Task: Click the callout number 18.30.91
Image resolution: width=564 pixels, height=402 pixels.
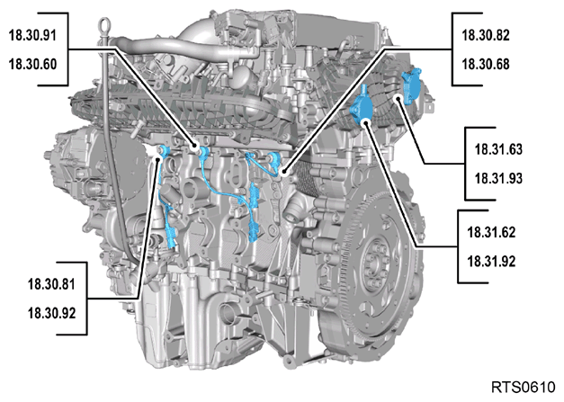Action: click(32, 35)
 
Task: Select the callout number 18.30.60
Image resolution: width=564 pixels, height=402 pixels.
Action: click(32, 64)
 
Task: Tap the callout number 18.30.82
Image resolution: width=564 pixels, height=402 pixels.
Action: click(486, 35)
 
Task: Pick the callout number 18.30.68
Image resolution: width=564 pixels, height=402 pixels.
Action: click(486, 64)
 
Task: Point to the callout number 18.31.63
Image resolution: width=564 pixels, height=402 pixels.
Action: click(498, 149)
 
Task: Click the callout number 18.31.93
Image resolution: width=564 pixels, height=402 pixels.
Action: click(498, 178)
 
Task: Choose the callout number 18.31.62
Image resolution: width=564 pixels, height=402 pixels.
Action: click(491, 232)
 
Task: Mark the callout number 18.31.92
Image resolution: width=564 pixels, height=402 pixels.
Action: click(491, 261)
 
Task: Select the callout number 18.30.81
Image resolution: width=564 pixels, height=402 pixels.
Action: click(52, 284)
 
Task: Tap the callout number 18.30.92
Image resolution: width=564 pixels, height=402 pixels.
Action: click(52, 313)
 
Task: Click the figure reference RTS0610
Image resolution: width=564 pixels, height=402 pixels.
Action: click(524, 388)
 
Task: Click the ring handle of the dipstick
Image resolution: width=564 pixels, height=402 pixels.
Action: click(104, 26)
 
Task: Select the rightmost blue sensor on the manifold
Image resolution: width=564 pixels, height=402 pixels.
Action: click(412, 85)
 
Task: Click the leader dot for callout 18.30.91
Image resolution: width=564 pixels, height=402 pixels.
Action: click(195, 147)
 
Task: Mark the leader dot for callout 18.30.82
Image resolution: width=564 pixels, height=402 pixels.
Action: click(284, 172)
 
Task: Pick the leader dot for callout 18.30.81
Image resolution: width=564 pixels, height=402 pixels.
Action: click(157, 157)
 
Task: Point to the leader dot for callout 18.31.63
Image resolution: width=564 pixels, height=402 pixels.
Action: click(398, 99)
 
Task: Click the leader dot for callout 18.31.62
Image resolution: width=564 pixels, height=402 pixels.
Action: click(366, 123)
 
